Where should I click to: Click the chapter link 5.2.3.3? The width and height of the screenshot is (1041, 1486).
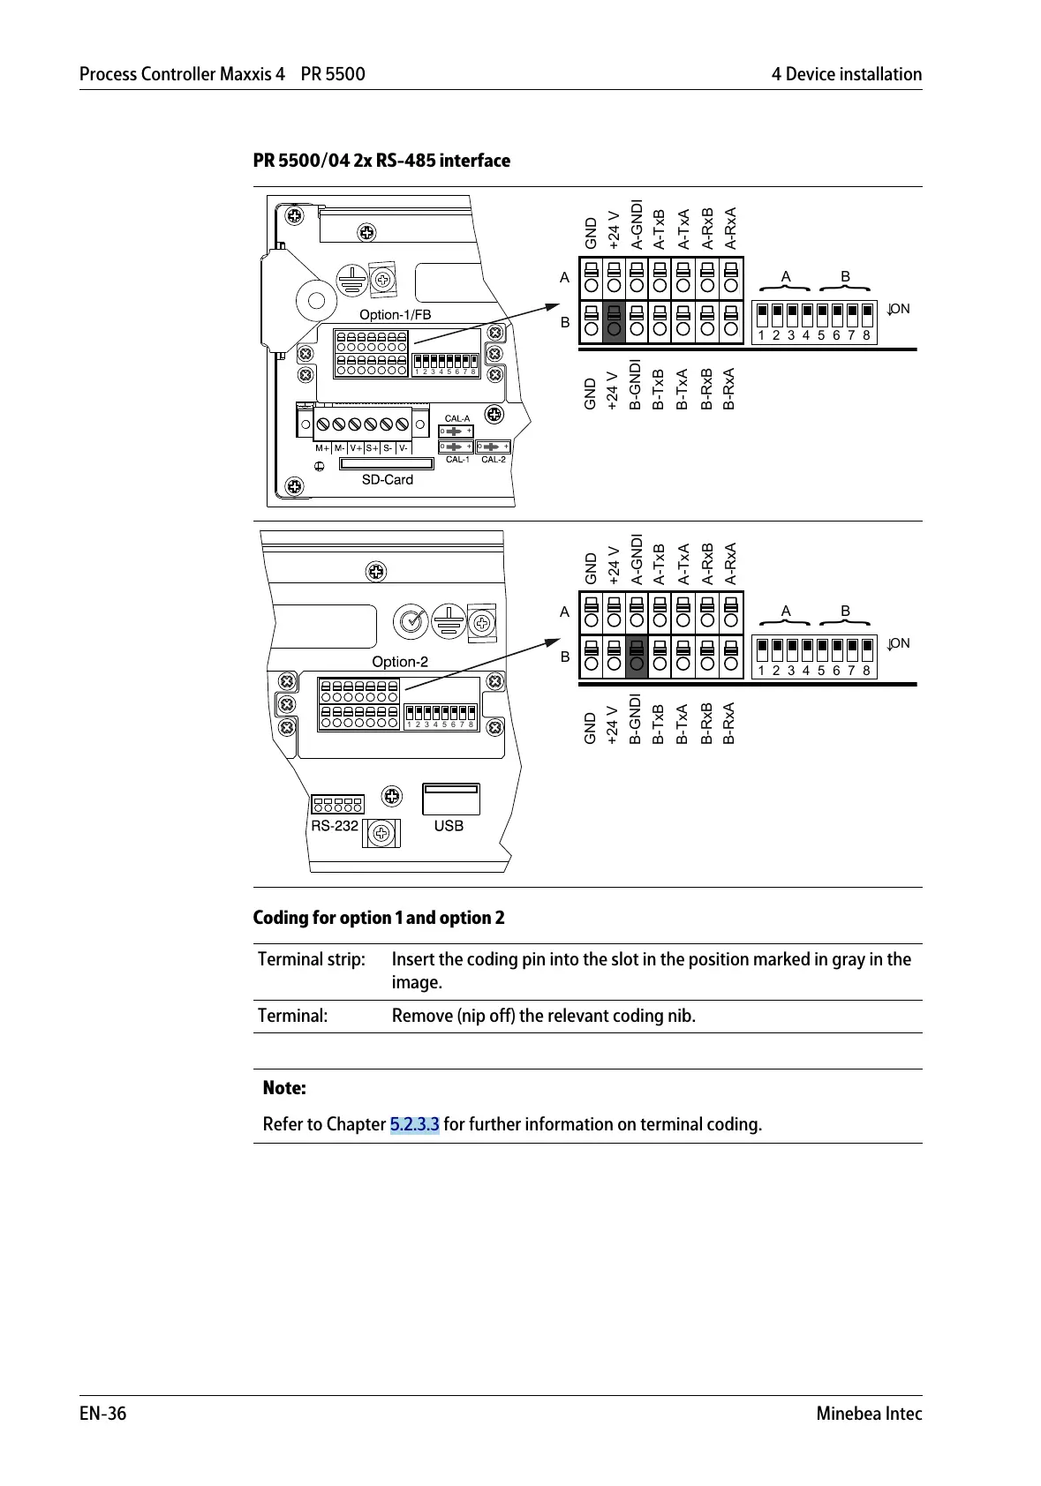pyautogui.click(x=414, y=1124)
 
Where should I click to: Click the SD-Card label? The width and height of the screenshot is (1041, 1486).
pyautogui.click(x=387, y=480)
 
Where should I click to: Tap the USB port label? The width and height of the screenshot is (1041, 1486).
pyautogui.click(x=449, y=826)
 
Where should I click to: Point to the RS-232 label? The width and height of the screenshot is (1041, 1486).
pyautogui.click(x=335, y=826)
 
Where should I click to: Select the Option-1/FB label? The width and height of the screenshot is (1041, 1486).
pyautogui.click(x=395, y=315)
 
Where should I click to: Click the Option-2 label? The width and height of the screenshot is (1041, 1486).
pyautogui.click(x=400, y=662)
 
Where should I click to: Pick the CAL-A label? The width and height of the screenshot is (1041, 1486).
pyautogui.click(x=457, y=418)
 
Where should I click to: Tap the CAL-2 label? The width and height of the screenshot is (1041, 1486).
pyautogui.click(x=494, y=460)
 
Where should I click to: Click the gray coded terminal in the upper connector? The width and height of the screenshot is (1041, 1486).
pyautogui.click(x=614, y=321)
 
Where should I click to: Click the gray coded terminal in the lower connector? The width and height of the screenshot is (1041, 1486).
pyautogui.click(x=637, y=657)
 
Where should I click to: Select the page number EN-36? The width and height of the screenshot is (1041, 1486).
pyautogui.click(x=103, y=1414)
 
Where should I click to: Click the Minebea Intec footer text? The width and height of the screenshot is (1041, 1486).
pyautogui.click(x=869, y=1414)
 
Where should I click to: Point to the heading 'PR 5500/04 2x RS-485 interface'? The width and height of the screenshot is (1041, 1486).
pyautogui.click(x=381, y=161)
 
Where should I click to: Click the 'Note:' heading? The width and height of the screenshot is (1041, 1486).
pyautogui.click(x=284, y=1088)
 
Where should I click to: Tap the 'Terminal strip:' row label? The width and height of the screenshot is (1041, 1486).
pyautogui.click(x=311, y=959)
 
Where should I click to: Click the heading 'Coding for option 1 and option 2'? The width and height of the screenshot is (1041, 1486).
pyautogui.click(x=379, y=918)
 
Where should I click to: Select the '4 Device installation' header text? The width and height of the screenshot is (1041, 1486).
pyautogui.click(x=846, y=74)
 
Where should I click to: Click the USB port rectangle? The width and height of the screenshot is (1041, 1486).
pyautogui.click(x=451, y=799)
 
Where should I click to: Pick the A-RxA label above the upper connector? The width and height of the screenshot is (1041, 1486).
pyautogui.click(x=730, y=229)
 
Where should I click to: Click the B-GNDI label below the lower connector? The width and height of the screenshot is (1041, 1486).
pyautogui.click(x=635, y=719)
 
